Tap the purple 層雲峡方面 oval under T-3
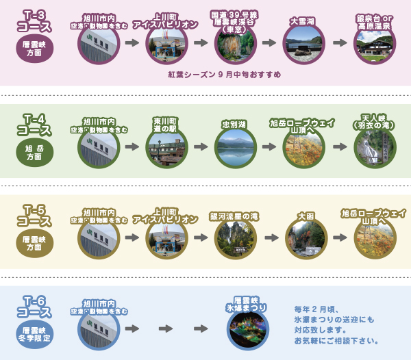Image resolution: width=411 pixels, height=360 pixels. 34,50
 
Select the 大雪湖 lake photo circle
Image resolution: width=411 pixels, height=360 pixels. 303,44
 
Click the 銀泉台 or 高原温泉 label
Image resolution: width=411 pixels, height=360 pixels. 374,22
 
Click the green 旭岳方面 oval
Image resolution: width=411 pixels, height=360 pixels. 34,151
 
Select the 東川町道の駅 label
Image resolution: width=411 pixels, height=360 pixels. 166,123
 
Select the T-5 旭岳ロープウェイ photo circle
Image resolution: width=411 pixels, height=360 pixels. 375,240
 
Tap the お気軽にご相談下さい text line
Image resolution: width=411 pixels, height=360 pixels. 336,340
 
